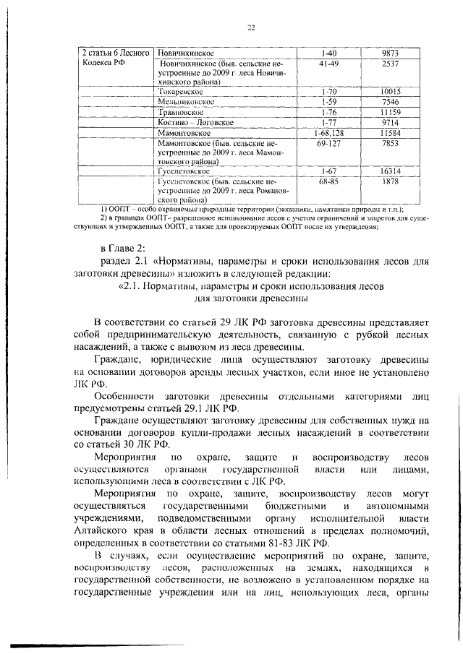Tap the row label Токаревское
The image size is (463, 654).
180,93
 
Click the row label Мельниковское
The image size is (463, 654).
185,103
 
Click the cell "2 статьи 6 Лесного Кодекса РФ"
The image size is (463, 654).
116,59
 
